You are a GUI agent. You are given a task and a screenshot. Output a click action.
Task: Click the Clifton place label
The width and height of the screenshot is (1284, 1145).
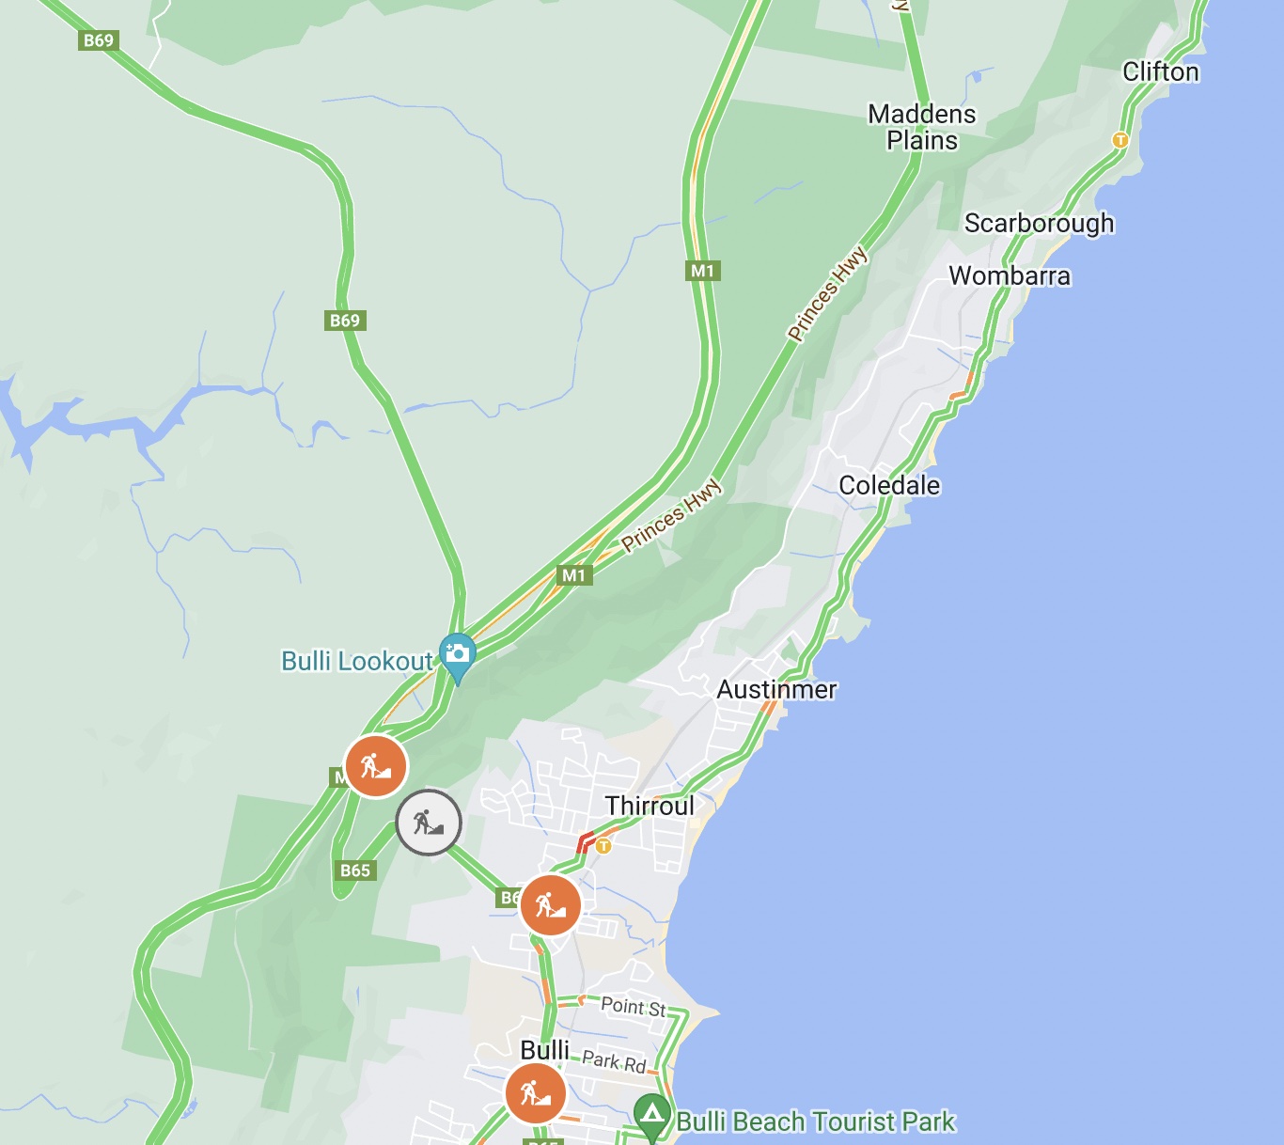[1161, 72]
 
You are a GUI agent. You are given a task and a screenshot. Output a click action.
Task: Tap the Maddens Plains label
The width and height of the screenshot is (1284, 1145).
[922, 127]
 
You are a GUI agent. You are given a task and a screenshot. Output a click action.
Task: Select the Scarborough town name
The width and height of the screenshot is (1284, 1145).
[1039, 224]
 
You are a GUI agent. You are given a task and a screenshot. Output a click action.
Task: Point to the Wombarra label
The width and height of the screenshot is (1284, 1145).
[1010, 276]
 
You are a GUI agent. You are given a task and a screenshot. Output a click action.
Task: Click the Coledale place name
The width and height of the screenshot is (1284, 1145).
[889, 485]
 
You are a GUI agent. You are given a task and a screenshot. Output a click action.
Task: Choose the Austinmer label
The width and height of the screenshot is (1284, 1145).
[776, 690]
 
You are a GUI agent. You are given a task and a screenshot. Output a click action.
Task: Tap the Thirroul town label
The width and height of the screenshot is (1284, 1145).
[650, 807]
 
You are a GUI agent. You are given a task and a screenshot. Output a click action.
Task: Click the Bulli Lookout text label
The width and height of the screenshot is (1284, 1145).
[357, 662]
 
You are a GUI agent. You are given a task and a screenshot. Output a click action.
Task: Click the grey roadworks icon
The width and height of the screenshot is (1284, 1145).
[429, 823]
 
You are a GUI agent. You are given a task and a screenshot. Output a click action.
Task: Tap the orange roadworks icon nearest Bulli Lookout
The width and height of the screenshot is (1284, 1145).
[376, 766]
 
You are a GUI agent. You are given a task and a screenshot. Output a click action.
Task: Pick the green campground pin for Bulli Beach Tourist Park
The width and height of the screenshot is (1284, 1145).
[651, 1115]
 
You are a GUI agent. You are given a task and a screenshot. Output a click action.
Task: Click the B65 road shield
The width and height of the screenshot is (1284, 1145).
[355, 871]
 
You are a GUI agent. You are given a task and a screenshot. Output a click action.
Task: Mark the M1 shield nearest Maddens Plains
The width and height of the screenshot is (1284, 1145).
[702, 271]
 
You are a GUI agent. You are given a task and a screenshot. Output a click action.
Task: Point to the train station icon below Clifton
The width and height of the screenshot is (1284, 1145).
[1120, 140]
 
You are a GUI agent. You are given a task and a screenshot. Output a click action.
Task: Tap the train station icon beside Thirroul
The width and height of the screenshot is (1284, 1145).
[603, 846]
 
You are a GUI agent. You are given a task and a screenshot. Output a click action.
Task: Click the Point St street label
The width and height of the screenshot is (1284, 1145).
[633, 1007]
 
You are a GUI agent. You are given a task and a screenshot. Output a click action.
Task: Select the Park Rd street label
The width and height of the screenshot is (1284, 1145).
[614, 1061]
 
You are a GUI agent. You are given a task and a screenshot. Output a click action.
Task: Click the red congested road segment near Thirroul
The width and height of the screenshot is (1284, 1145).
[584, 841]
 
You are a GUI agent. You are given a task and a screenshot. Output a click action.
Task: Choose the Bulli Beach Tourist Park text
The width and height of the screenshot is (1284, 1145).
[815, 1122]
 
